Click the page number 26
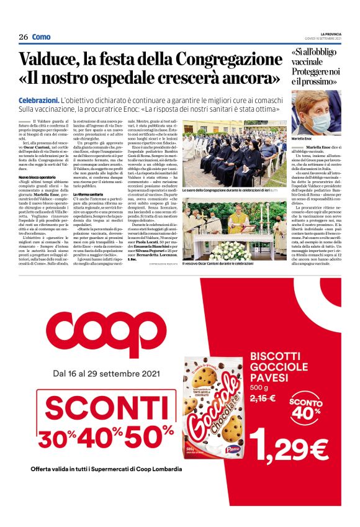[x=23, y=37]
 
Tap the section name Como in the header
[x=41, y=37]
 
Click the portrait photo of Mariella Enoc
[x=317, y=114]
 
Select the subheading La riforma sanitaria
[x=90, y=194]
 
